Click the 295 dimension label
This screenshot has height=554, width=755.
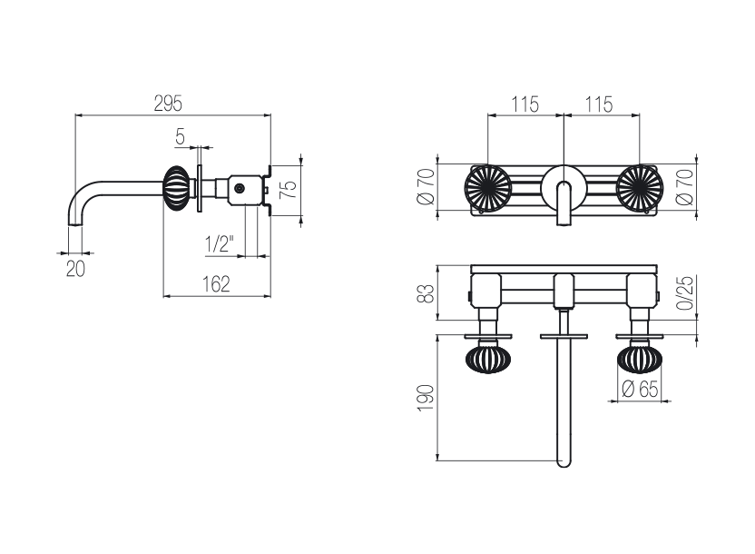click(168, 104)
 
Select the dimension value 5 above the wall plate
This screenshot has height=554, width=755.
click(180, 137)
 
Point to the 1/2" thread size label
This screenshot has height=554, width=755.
click(220, 243)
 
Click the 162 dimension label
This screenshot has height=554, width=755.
click(216, 284)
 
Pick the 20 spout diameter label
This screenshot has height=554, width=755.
click(75, 269)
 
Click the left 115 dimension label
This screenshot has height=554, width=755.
click(525, 104)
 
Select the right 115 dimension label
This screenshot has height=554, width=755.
click(599, 104)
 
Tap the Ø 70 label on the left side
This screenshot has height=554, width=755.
click(427, 186)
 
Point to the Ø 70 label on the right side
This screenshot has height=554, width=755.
click(685, 187)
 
